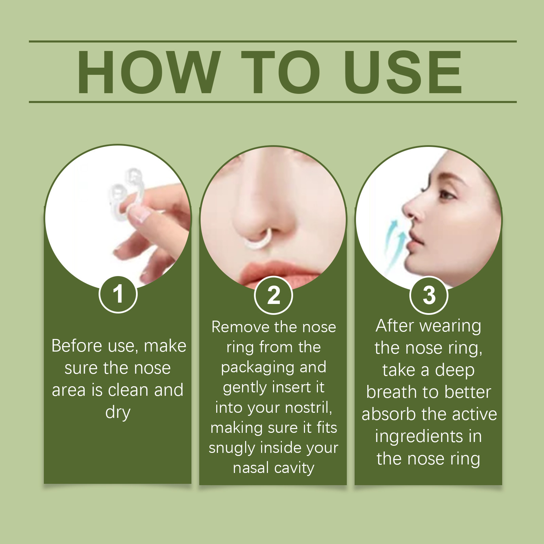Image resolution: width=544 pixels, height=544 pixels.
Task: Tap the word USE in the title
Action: [x=403, y=72]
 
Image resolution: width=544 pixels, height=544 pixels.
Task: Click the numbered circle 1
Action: [x=118, y=294]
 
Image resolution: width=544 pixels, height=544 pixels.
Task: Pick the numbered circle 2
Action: [x=273, y=295]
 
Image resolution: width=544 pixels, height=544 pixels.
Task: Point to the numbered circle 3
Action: [x=429, y=295]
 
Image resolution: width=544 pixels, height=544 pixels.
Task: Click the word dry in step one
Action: [x=118, y=413]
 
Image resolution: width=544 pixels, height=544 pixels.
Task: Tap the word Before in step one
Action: [x=77, y=346]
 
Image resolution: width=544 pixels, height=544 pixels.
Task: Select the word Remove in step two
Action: [x=240, y=327]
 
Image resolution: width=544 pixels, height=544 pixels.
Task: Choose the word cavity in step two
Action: [x=294, y=469]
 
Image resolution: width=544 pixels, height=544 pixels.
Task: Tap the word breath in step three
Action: [x=392, y=392]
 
